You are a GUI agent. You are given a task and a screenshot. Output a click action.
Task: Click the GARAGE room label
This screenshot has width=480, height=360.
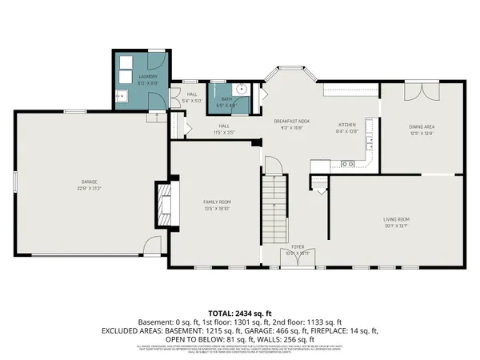click(81, 183)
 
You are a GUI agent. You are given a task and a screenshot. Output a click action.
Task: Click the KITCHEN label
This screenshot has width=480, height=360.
click(346, 126)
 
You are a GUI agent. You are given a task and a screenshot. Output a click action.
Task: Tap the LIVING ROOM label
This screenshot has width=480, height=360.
click(396, 218)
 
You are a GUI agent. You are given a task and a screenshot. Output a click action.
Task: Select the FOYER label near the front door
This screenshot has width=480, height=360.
click(297, 246)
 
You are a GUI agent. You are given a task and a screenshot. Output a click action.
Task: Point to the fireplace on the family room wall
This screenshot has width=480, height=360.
click(162, 206)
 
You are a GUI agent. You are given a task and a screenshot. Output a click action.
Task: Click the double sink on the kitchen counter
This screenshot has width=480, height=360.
click(349, 164)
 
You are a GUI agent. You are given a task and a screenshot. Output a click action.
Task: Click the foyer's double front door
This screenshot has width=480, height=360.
click(296, 258)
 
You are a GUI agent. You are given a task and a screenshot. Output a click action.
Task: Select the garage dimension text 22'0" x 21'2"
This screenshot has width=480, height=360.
click(81, 189)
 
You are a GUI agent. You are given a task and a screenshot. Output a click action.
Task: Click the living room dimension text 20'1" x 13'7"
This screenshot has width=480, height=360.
click(396, 225)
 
